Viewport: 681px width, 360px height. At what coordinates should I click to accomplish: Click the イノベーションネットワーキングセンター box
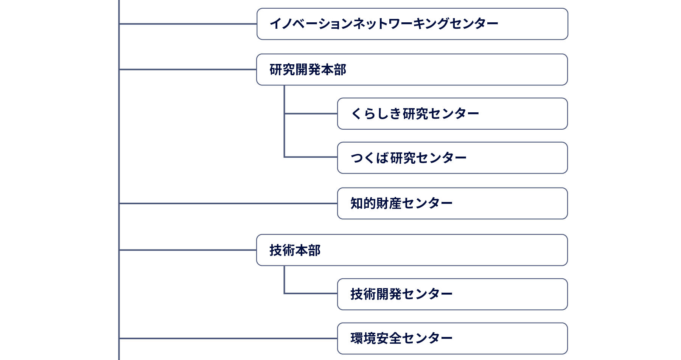point(412,24)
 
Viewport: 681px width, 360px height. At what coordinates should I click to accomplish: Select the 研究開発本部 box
point(412,70)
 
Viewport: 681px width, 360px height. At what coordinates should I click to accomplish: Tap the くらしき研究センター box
point(452,114)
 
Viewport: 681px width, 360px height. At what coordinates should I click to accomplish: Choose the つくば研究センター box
point(452,158)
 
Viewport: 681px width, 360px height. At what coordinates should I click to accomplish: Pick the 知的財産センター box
point(452,203)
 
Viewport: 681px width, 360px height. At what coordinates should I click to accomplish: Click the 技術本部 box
point(412,250)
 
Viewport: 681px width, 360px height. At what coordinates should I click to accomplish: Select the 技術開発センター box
point(452,294)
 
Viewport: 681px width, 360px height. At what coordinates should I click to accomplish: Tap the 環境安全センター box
point(452,338)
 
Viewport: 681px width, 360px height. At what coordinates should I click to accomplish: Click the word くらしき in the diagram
point(376,114)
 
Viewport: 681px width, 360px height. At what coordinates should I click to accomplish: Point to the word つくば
point(370,158)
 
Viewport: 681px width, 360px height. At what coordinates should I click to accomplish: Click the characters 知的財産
point(376,203)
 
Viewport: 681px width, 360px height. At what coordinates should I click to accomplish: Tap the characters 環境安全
point(376,338)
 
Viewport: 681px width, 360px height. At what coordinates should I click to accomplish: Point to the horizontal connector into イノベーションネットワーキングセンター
point(188,24)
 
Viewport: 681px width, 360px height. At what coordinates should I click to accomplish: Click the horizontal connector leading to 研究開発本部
point(188,70)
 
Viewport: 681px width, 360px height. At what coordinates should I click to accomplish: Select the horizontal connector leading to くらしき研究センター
point(311,113)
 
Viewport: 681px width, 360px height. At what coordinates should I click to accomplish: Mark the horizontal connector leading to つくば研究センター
point(311,157)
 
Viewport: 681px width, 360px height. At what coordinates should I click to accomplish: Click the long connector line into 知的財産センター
point(228,203)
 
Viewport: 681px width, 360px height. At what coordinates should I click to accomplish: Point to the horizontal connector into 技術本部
point(188,250)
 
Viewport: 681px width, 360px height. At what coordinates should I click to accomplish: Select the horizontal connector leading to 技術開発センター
point(311,293)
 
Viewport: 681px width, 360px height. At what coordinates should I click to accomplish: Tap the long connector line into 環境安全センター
point(228,338)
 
